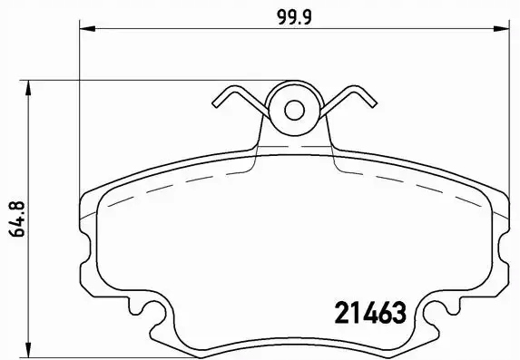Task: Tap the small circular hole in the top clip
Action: point(294,110)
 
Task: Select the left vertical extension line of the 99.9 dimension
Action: point(82,109)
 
